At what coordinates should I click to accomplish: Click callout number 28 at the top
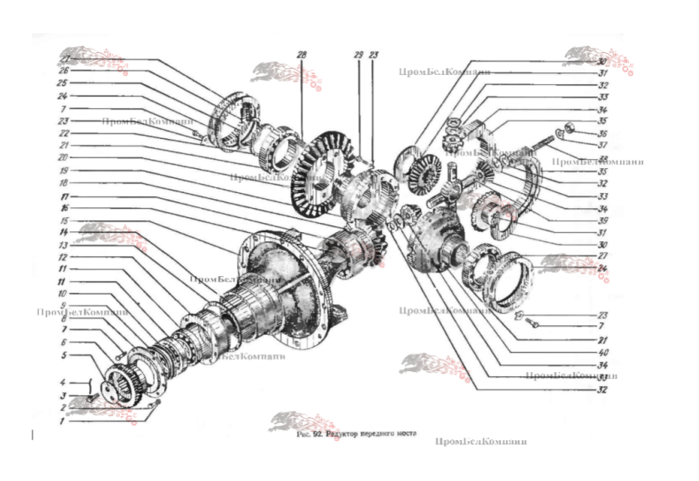pos(300,57)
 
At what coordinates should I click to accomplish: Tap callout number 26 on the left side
pos(62,72)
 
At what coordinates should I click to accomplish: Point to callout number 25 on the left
pos(62,83)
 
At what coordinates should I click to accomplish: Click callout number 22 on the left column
pos(62,132)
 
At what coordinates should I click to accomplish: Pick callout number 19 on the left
pos(62,170)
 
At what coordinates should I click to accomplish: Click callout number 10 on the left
pos(62,294)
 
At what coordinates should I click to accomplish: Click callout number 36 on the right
pos(602,133)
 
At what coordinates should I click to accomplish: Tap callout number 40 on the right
pos(602,351)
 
